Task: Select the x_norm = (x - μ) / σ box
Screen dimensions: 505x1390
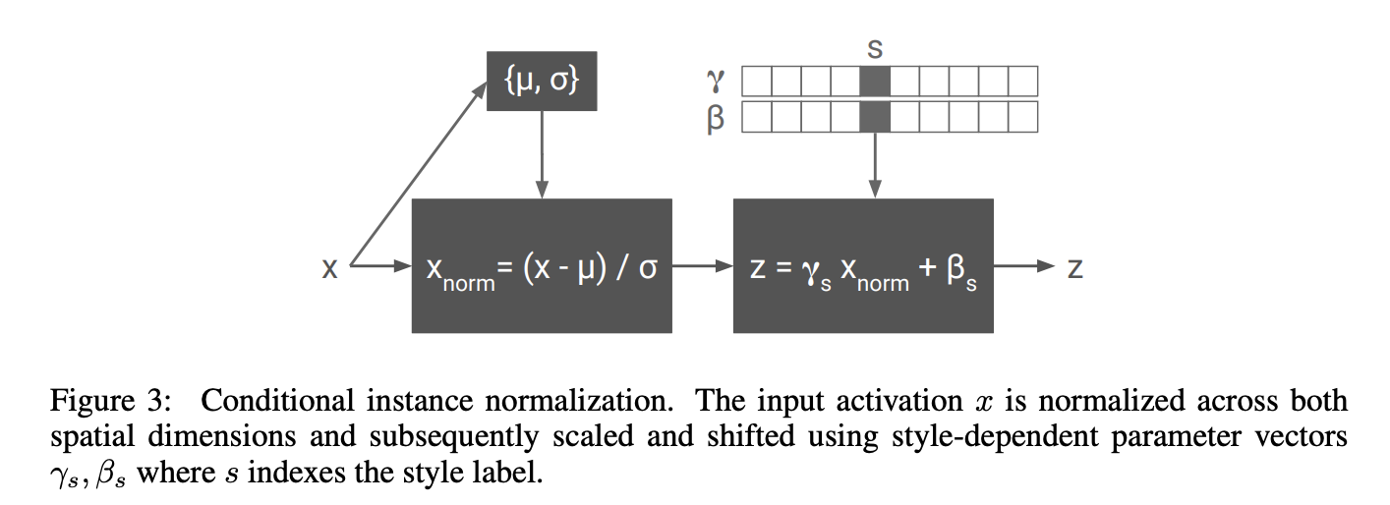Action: [x=541, y=266]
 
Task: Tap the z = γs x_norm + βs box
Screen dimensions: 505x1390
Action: [x=863, y=266]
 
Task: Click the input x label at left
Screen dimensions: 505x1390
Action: [x=330, y=267]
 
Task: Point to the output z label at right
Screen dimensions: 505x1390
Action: [x=1074, y=267]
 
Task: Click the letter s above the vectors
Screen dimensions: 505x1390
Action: [x=874, y=47]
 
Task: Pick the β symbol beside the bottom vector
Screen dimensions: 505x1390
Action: [x=716, y=118]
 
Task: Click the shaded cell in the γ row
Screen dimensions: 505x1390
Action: [x=874, y=81]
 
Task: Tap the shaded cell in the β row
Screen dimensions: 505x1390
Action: [x=874, y=117]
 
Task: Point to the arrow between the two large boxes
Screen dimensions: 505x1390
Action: [x=702, y=266]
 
